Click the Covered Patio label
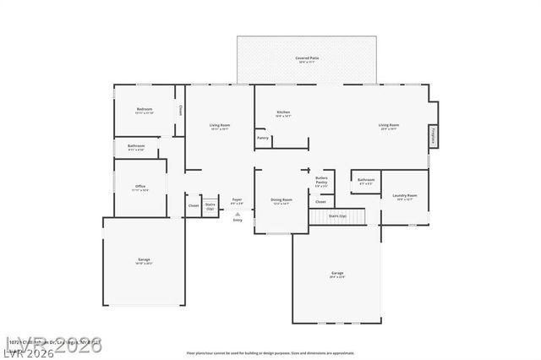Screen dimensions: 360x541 point(303,59)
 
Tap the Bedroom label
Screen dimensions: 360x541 point(145,110)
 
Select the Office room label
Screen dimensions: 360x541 point(141,188)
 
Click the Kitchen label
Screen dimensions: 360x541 point(283,113)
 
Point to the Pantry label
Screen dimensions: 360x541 point(263,138)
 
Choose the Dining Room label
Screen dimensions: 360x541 point(280,201)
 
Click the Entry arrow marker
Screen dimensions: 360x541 point(238,215)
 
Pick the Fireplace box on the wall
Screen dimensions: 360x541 point(432,135)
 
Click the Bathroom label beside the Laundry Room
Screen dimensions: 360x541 point(366,180)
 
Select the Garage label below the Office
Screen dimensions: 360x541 point(144,260)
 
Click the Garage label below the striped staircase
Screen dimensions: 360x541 point(336,274)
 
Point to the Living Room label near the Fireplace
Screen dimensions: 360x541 point(389,126)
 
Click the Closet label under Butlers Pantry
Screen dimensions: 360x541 point(320,202)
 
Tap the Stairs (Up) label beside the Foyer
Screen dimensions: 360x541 point(210,205)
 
